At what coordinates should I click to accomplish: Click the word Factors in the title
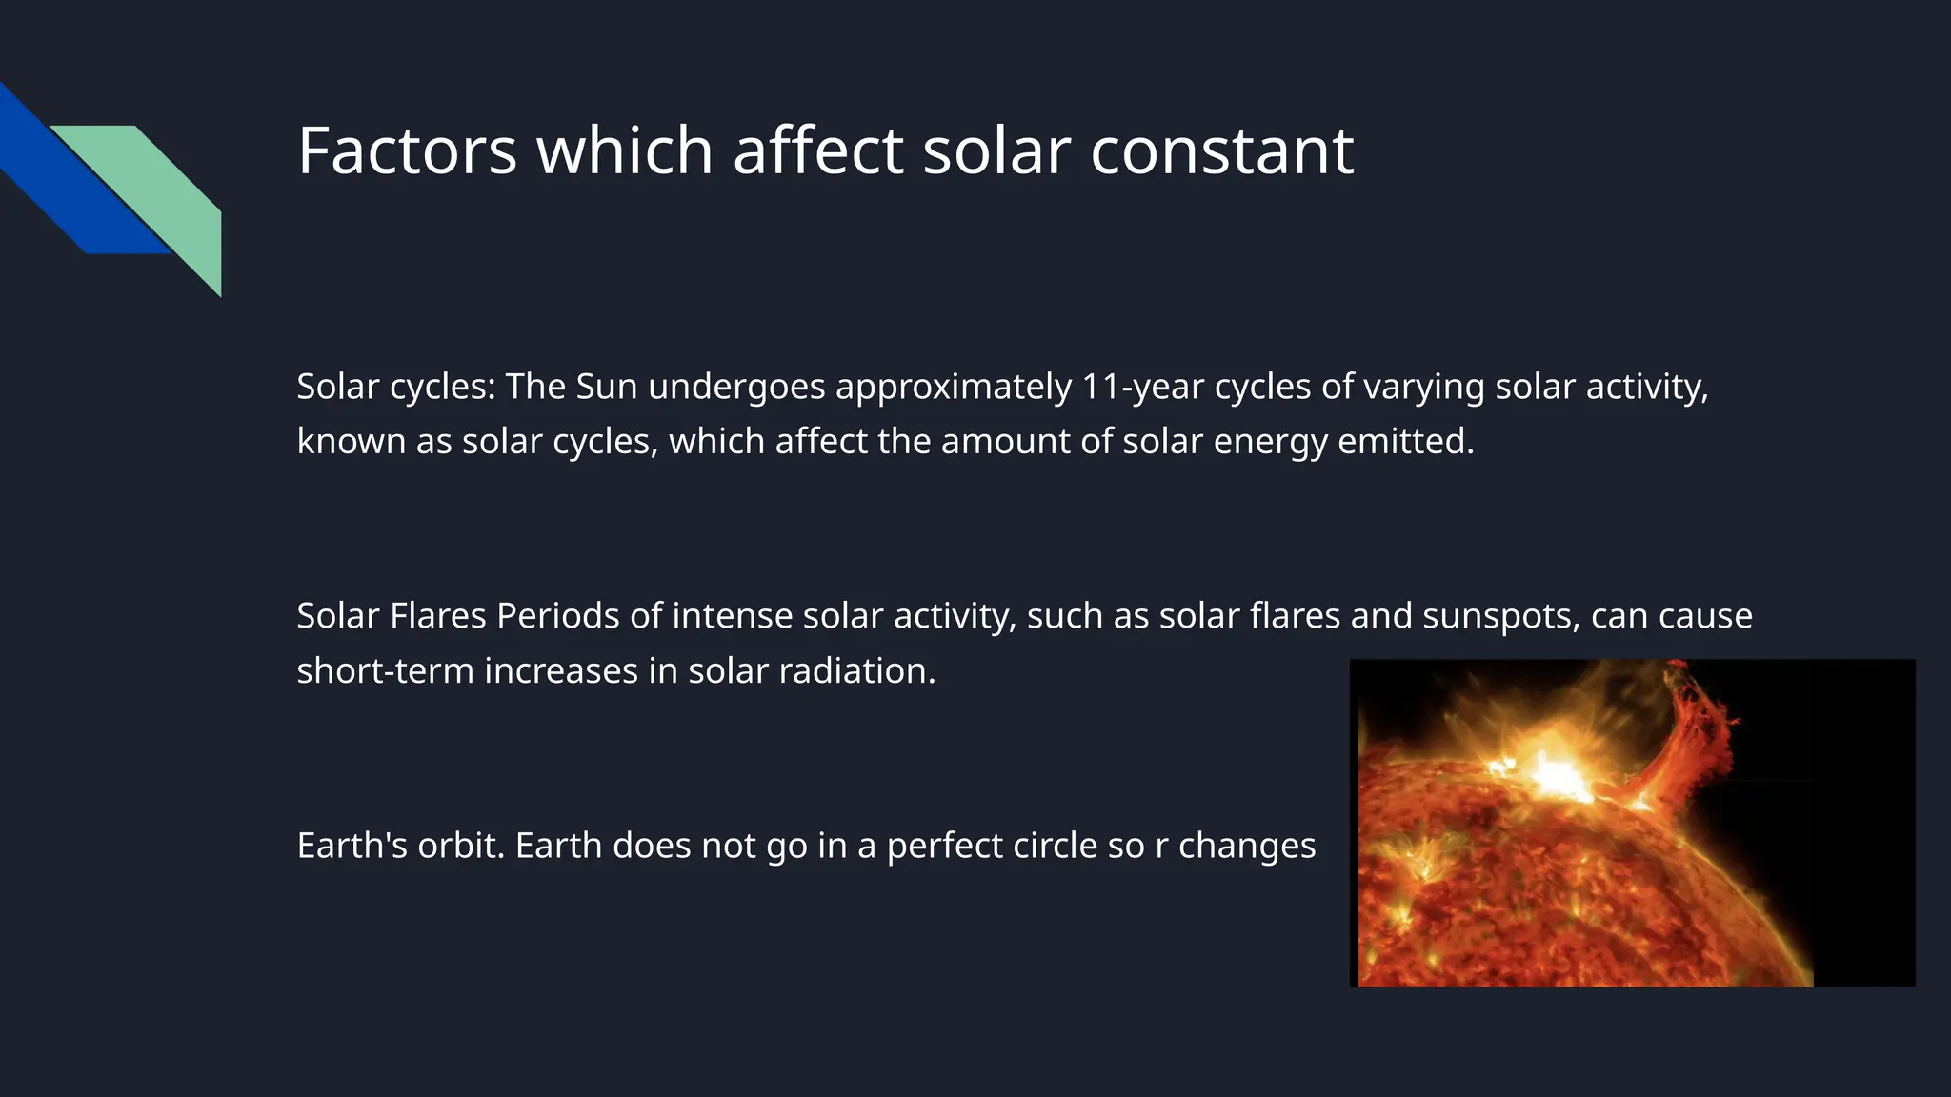(407, 150)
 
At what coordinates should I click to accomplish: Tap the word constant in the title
(1221, 150)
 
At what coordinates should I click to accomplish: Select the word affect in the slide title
(817, 150)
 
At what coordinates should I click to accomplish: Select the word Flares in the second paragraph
(438, 616)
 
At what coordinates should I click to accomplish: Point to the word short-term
(385, 671)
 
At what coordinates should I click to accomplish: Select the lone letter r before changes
(1160, 846)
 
